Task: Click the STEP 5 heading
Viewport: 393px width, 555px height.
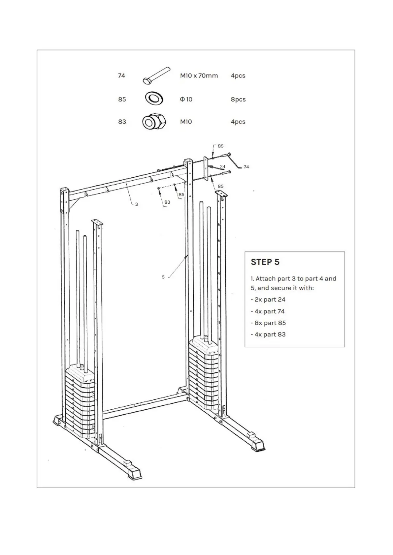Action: pyautogui.click(x=265, y=262)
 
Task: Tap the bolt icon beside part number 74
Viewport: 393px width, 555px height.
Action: pyautogui.click(x=156, y=75)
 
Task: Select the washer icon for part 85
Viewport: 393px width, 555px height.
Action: pyautogui.click(x=154, y=98)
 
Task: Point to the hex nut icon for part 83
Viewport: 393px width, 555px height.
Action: pyautogui.click(x=154, y=122)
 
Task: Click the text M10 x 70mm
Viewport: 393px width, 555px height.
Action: pyautogui.click(x=199, y=75)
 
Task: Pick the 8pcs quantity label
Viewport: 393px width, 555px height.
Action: pyautogui.click(x=238, y=99)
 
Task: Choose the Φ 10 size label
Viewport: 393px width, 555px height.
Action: pyautogui.click(x=186, y=99)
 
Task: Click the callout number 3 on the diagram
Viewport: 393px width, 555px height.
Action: pyautogui.click(x=137, y=204)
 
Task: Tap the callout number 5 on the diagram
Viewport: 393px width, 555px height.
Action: pyautogui.click(x=163, y=277)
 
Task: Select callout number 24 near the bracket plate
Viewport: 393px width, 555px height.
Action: pyautogui.click(x=222, y=167)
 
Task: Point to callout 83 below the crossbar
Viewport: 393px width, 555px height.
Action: pyautogui.click(x=167, y=202)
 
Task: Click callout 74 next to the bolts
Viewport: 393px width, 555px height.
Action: pyautogui.click(x=246, y=167)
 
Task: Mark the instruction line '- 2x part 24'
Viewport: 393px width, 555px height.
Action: pyautogui.click(x=268, y=300)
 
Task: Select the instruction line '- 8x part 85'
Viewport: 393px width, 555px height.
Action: pyautogui.click(x=268, y=323)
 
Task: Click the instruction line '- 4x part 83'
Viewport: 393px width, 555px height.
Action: pyautogui.click(x=268, y=335)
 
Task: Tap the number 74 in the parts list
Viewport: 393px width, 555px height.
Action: pyautogui.click(x=121, y=75)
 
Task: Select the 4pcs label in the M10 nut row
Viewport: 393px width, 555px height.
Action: pyautogui.click(x=238, y=122)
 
